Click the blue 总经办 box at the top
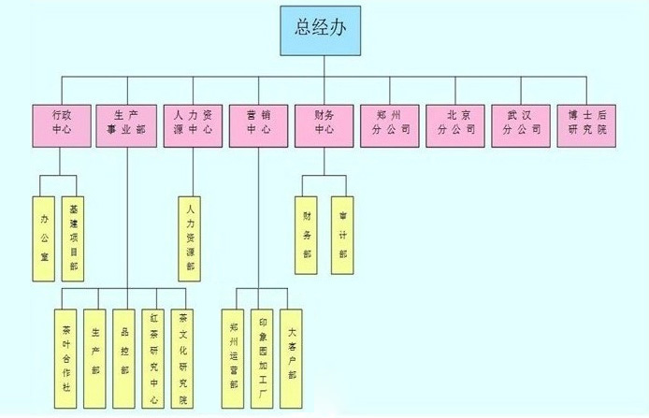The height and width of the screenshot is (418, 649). point(324,29)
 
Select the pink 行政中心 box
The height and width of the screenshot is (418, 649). point(62,123)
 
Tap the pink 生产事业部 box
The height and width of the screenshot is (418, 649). point(127,123)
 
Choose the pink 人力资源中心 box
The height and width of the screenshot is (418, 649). point(193,123)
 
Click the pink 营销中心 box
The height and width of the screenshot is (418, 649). point(258,123)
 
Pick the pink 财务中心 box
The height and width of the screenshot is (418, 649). point(324,123)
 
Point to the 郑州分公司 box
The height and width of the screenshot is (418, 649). point(389,123)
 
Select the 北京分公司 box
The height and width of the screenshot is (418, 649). point(454,123)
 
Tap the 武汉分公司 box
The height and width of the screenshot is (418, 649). point(520,123)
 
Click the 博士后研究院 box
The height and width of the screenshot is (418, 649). point(586,123)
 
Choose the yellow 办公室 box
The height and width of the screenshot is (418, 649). point(45,238)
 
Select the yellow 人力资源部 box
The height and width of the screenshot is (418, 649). point(192,238)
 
